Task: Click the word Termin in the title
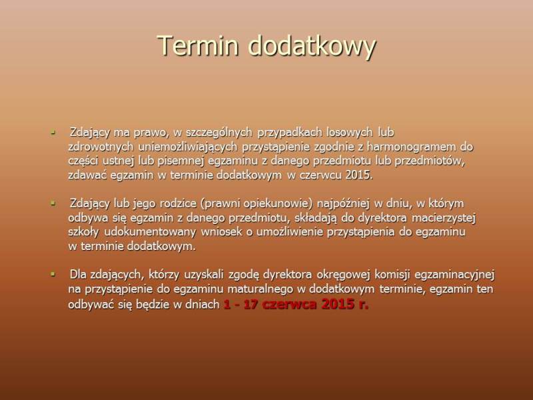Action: pyautogui.click(x=198, y=45)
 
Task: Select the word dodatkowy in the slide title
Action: pyautogui.click(x=312, y=47)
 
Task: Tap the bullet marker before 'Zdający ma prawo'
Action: pyautogui.click(x=53, y=131)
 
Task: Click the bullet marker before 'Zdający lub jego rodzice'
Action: pyautogui.click(x=53, y=203)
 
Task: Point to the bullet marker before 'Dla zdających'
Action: pyautogui.click(x=53, y=274)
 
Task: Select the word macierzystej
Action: pyautogui.click(x=444, y=218)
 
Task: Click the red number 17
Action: pyautogui.click(x=251, y=304)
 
